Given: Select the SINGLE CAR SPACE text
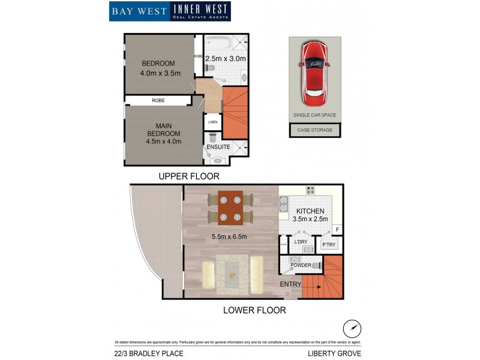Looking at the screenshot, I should tap(314, 115).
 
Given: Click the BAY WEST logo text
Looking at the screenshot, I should tap(139, 11).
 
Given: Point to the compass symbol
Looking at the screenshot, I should tap(352, 329).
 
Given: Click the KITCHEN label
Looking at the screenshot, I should tap(310, 211).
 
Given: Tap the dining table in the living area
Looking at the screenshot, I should tap(230, 208).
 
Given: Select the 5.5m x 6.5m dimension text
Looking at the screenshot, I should tap(229, 236).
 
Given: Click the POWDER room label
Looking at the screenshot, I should tap(300, 265).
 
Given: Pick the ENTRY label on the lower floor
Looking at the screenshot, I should tap(290, 284).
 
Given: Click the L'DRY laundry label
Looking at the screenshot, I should tap(300, 242).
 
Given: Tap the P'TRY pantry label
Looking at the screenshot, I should tap(329, 244).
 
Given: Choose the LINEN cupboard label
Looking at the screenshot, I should tap(212, 122).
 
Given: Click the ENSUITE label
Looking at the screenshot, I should tap(218, 146).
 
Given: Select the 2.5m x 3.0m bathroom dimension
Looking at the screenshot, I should tap(226, 59).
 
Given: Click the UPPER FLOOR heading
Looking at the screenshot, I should tap(189, 176).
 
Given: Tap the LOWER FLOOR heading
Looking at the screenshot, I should tap(254, 310).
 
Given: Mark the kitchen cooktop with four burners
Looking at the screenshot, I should tap(311, 191).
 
